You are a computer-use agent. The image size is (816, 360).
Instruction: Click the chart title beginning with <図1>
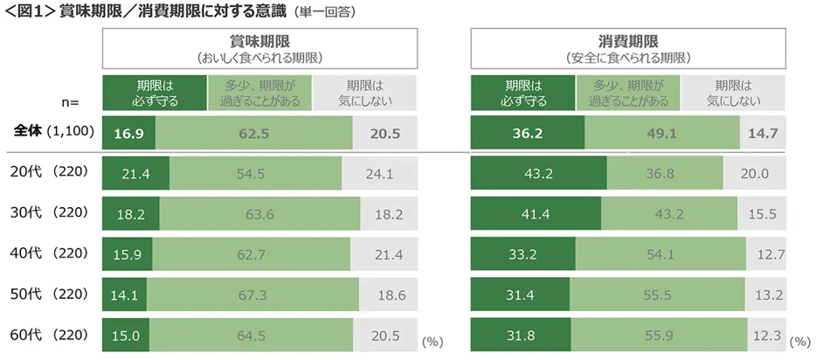(180, 12)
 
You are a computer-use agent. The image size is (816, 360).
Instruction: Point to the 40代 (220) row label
(49, 253)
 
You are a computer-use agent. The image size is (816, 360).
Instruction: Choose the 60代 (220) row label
(49, 336)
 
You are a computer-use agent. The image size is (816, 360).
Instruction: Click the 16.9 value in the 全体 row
(128, 134)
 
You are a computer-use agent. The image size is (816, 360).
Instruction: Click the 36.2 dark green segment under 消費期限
(527, 134)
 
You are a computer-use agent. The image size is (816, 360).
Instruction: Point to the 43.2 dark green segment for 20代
(538, 174)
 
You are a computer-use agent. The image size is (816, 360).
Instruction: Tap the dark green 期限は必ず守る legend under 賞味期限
(155, 93)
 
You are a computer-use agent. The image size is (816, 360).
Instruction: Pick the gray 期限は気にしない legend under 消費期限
(734, 93)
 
